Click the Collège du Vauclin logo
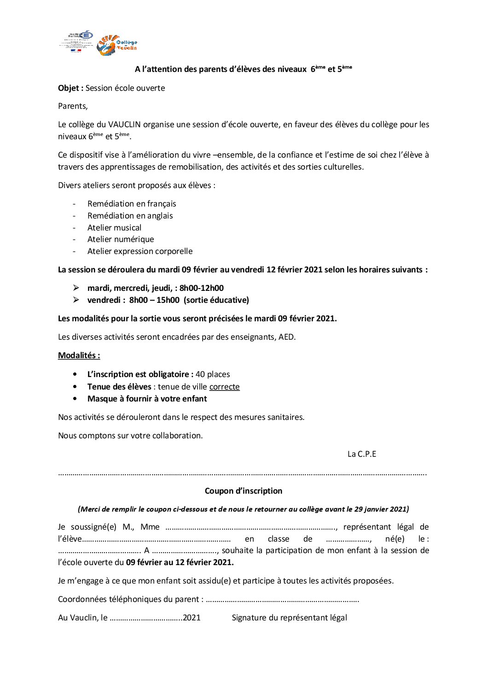coord(117,45)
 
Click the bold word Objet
coord(70,88)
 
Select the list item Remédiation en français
coord(132,204)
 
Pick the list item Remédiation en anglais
coord(130,216)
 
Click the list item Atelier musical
coord(114,228)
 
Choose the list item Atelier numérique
coord(121,239)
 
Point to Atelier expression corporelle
coord(140,251)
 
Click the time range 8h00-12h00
coord(202,288)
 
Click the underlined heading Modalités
coord(79,355)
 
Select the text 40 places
coord(213,374)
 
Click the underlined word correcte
coord(224,387)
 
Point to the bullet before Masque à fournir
coord(75,399)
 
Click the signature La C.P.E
coord(362,454)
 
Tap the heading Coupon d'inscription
coord(243,491)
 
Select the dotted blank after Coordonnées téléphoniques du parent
coord(282,600)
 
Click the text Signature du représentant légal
coord(290,618)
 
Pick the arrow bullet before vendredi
coord(76,300)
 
